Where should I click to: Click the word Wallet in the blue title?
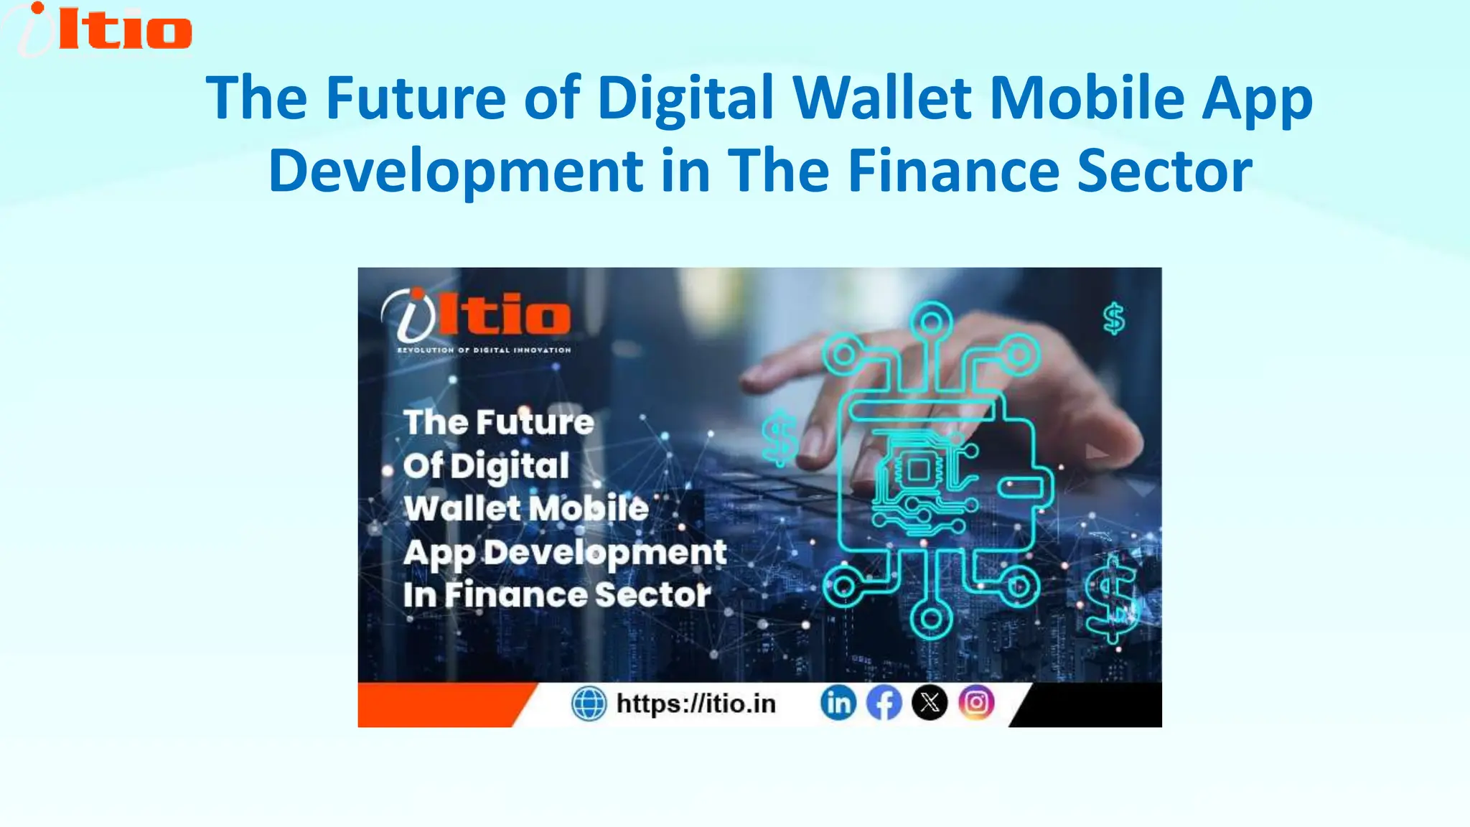pyautogui.click(x=882, y=98)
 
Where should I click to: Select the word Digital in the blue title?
pyautogui.click(x=685, y=98)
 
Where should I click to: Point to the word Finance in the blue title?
pyautogui.click(x=953, y=171)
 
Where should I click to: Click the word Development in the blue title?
pyautogui.click(x=456, y=171)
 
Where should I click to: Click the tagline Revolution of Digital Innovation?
pyautogui.click(x=484, y=350)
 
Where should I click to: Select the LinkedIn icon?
pyautogui.click(x=838, y=703)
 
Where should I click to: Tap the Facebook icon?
pyautogui.click(x=884, y=703)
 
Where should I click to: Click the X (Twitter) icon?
pyautogui.click(x=930, y=703)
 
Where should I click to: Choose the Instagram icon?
pyautogui.click(x=976, y=703)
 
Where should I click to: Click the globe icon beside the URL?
pyautogui.click(x=589, y=704)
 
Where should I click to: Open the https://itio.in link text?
pyautogui.click(x=696, y=704)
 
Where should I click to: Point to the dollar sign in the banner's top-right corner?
pyautogui.click(x=1114, y=319)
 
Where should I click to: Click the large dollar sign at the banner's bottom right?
pyautogui.click(x=1110, y=597)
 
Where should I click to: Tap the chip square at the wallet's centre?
pyautogui.click(x=918, y=471)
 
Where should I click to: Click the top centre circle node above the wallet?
pyautogui.click(x=931, y=322)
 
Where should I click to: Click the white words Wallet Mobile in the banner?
pyautogui.click(x=526, y=508)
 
